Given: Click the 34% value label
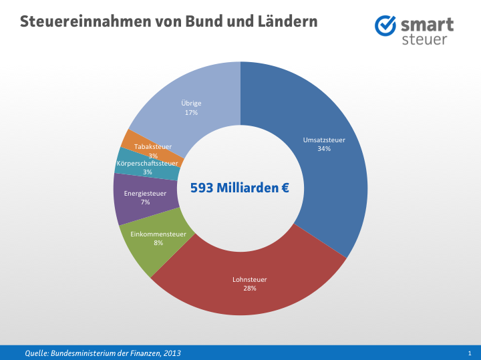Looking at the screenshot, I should (x=324, y=149).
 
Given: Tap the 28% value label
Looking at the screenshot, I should (x=249, y=289).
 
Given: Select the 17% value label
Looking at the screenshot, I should (x=191, y=113).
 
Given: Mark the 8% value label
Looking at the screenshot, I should (x=158, y=243).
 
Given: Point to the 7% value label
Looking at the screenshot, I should (x=145, y=202).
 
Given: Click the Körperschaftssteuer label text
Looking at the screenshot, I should (x=147, y=163).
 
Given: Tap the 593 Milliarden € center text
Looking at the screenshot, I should (x=240, y=188).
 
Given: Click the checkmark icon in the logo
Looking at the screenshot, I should (x=385, y=26).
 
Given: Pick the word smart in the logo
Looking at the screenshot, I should (x=427, y=25).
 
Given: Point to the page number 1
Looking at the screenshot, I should (x=470, y=353).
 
